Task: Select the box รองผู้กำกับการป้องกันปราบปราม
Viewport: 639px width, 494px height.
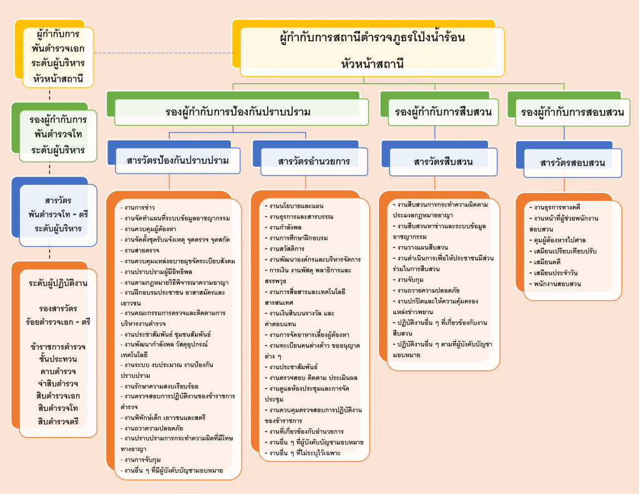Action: (238, 112)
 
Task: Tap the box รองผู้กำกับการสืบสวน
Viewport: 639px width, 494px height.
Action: (444, 112)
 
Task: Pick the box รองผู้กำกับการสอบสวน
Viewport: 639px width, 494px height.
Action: (572, 112)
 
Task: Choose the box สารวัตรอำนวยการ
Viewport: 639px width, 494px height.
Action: (315, 161)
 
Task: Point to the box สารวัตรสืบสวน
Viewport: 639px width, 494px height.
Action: (443, 162)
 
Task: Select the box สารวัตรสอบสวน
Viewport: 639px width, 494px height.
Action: (573, 162)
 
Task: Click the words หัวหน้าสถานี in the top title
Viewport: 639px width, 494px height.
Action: (373, 62)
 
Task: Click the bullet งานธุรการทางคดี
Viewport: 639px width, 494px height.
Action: (556, 207)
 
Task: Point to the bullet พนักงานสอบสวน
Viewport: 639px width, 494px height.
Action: (555, 284)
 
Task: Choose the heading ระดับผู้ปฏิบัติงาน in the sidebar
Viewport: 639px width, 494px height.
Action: (58, 283)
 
